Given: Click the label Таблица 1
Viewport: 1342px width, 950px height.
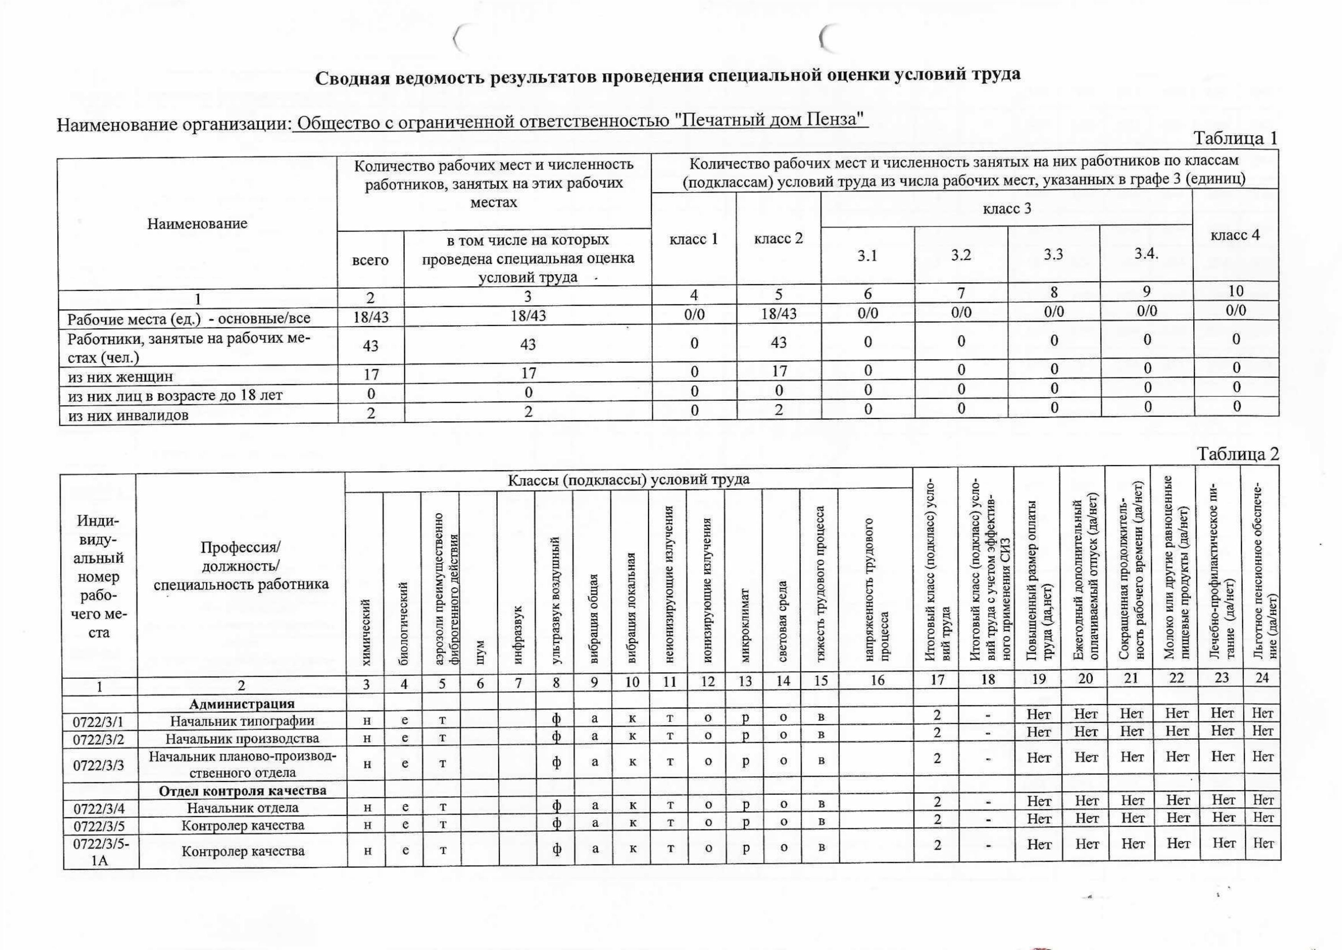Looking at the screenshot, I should click(x=1234, y=139).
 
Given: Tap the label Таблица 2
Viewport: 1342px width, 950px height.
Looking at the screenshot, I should click(x=1238, y=454).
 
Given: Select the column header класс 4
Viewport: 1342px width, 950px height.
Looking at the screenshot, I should click(x=1234, y=235).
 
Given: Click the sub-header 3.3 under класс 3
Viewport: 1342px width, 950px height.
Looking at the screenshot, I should click(x=1053, y=255).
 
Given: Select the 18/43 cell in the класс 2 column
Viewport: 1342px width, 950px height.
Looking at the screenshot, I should click(x=779, y=314).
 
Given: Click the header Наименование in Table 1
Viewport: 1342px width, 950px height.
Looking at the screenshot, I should click(x=197, y=224).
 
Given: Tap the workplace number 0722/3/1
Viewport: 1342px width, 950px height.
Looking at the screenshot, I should click(x=98, y=721).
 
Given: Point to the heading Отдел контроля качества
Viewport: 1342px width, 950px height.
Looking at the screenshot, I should click(x=243, y=790).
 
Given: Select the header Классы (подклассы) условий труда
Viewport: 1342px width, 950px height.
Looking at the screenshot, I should click(x=628, y=480).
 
